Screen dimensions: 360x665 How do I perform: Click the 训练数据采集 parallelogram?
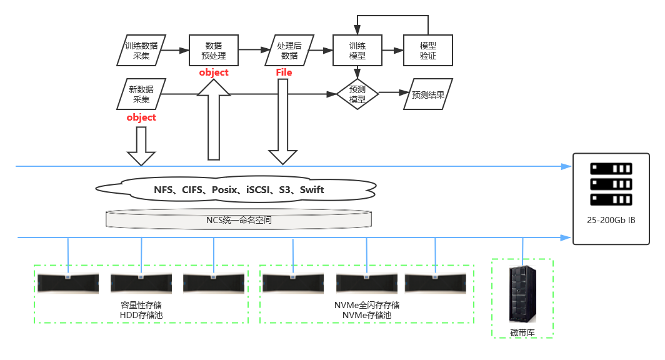[x=141, y=51]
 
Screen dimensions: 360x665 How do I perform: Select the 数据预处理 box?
[x=213, y=51]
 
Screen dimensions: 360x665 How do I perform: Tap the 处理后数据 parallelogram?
[x=289, y=51]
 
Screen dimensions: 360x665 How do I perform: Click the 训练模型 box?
[x=357, y=51]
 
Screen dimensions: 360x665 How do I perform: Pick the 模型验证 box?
[x=428, y=51]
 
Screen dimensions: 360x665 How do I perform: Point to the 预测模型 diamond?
[x=357, y=94]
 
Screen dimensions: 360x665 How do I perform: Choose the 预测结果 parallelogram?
[x=428, y=94]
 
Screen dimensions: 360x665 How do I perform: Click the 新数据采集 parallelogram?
[x=141, y=94]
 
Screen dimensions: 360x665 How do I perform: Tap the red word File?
[x=284, y=72]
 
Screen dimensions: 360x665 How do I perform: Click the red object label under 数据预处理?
[x=214, y=72]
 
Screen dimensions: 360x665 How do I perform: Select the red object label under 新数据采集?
[x=141, y=117]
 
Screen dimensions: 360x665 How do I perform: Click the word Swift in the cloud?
[x=312, y=189]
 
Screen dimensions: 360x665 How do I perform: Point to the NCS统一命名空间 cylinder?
[x=239, y=220]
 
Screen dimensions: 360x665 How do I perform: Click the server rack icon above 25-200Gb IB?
[x=611, y=184]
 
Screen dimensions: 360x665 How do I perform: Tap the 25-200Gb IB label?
[x=611, y=221]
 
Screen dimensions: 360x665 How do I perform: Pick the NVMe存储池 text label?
[x=367, y=315]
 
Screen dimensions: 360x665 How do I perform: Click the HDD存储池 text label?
[x=141, y=315]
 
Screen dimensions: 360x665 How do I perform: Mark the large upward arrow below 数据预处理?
[x=214, y=125]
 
